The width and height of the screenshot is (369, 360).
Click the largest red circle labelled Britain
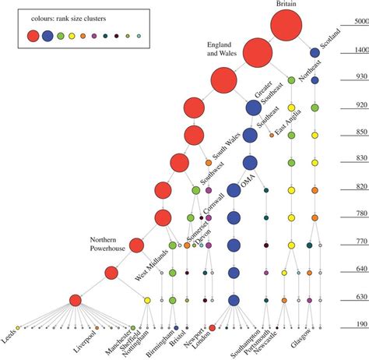286,26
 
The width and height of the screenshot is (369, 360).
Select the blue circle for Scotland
315,52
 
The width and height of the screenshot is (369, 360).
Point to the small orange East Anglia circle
272,135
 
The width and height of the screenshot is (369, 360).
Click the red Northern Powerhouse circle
137,245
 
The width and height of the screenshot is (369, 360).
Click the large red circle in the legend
33,35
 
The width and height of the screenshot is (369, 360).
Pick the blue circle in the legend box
47,35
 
